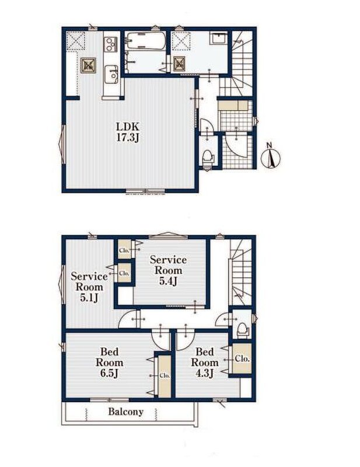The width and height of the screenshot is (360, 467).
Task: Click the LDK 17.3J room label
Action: (x=127, y=132)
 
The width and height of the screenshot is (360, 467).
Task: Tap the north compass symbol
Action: (x=271, y=156)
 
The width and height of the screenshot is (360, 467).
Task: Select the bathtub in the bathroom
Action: (x=146, y=41)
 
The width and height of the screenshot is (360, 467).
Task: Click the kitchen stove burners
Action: (x=111, y=45)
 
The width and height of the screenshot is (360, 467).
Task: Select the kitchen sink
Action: (x=111, y=75)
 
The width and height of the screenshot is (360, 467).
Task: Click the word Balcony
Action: (x=125, y=412)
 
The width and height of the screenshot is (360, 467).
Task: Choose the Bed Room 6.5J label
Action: (x=109, y=363)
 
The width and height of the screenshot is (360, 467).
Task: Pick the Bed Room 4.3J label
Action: (x=205, y=363)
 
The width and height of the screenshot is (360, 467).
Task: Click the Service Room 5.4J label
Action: (x=168, y=270)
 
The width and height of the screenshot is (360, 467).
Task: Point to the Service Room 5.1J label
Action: (x=89, y=287)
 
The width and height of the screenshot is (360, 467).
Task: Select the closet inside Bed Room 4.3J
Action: (x=242, y=358)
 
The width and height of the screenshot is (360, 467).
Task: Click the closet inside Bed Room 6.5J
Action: (x=165, y=376)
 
